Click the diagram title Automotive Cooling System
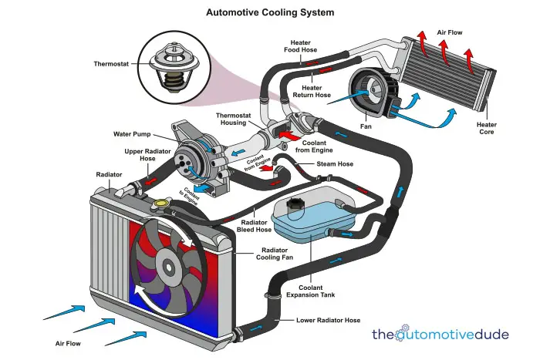pyautogui.click(x=270, y=13)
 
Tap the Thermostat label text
pyautogui.click(x=111, y=64)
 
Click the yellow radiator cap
pyautogui.click(x=160, y=204)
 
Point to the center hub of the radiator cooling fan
pyautogui.click(x=168, y=267)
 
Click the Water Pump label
pyautogui.click(x=132, y=134)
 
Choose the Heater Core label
pyautogui.click(x=487, y=129)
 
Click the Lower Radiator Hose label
pyautogui.click(x=328, y=321)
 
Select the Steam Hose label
pyautogui.click(x=335, y=164)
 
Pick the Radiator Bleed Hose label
pyautogui.click(x=254, y=226)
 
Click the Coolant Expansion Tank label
pyautogui.click(x=310, y=291)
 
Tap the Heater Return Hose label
pyautogui.click(x=312, y=92)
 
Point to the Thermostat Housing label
pyautogui.click(x=234, y=119)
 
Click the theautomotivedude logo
pyautogui.click(x=440, y=334)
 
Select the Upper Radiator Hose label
pyautogui.click(x=147, y=155)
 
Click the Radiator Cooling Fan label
pyautogui.click(x=275, y=254)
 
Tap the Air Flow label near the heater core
pyautogui.click(x=450, y=32)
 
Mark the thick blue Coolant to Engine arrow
pyautogui.click(x=204, y=188)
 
